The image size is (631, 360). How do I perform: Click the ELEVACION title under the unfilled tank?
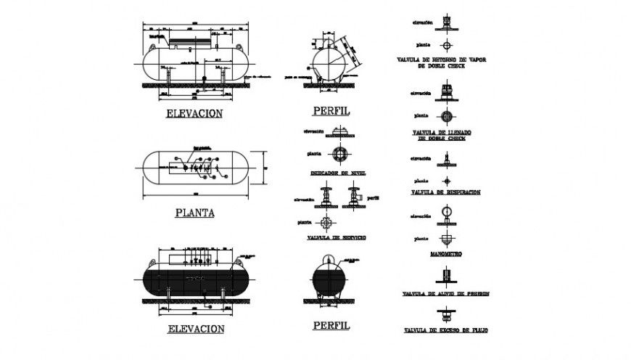[194, 113]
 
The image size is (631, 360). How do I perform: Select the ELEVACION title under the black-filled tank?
[195, 328]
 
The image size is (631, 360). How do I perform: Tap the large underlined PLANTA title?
[194, 213]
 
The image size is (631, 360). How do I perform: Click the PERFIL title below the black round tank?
[331, 325]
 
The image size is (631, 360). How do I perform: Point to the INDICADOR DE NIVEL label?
[337, 173]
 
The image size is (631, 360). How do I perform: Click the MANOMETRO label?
[446, 255]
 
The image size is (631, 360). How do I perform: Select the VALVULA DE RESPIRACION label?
[445, 192]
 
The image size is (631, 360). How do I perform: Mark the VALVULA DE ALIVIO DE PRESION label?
[445, 294]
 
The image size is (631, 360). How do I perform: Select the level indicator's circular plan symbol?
[339, 154]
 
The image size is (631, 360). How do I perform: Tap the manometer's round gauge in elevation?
[447, 213]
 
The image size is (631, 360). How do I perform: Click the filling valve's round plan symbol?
[447, 116]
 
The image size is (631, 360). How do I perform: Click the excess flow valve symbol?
[446, 314]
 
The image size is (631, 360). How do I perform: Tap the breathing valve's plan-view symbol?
[447, 180]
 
